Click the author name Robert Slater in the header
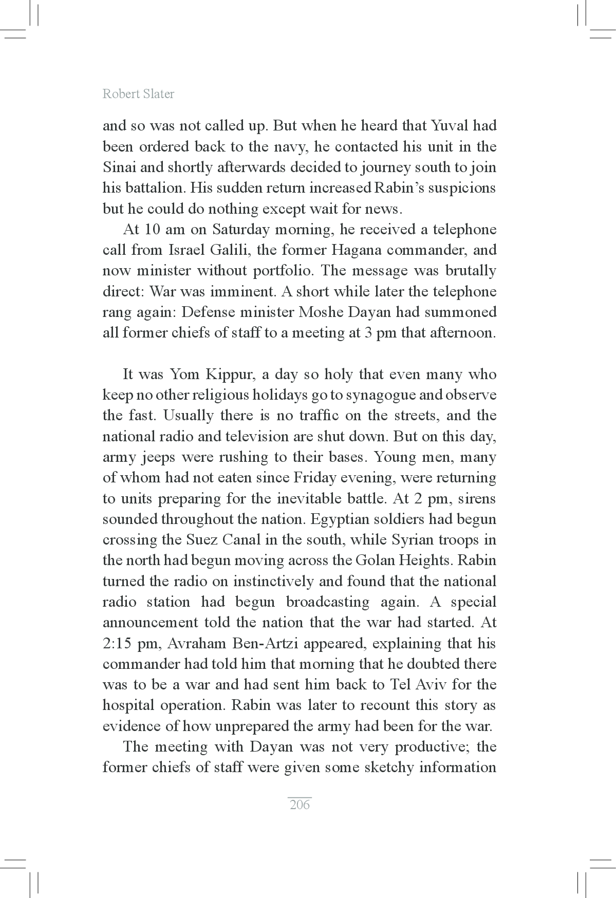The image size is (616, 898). coord(138,94)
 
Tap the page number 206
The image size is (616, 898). coord(300,805)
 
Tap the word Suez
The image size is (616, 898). coord(202,540)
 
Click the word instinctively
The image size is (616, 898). coord(273,582)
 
